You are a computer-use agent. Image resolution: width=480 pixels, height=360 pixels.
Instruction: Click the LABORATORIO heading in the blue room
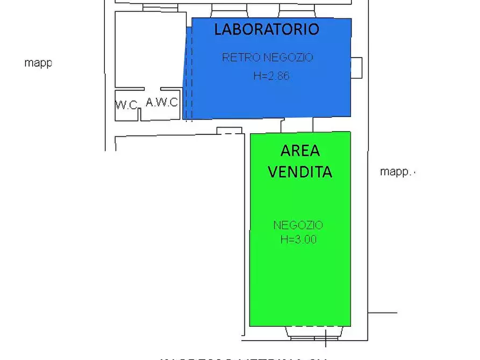pos(267,29)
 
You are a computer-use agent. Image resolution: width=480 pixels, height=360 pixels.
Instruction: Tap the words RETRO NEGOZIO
pos(267,57)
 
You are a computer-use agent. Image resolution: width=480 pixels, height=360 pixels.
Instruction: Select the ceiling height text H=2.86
pos(271,76)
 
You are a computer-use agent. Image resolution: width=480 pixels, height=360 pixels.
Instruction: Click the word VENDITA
pos(300,171)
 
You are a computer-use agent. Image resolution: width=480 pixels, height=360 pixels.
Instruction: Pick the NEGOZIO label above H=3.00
pos(298,225)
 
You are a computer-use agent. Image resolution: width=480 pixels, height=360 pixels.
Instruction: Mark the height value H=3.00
pos(298,240)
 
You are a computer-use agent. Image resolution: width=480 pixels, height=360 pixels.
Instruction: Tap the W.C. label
pos(127,105)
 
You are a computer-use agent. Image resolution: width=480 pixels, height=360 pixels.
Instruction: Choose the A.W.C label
pos(162,102)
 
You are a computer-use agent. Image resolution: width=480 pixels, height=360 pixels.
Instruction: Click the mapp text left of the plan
pos(38,63)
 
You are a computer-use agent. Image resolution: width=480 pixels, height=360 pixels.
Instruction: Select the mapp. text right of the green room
pos(397,172)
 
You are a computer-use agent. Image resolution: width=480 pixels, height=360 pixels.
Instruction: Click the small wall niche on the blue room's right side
pos(356,67)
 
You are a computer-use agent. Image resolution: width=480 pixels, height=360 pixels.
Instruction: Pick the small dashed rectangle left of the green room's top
pos(230,131)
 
